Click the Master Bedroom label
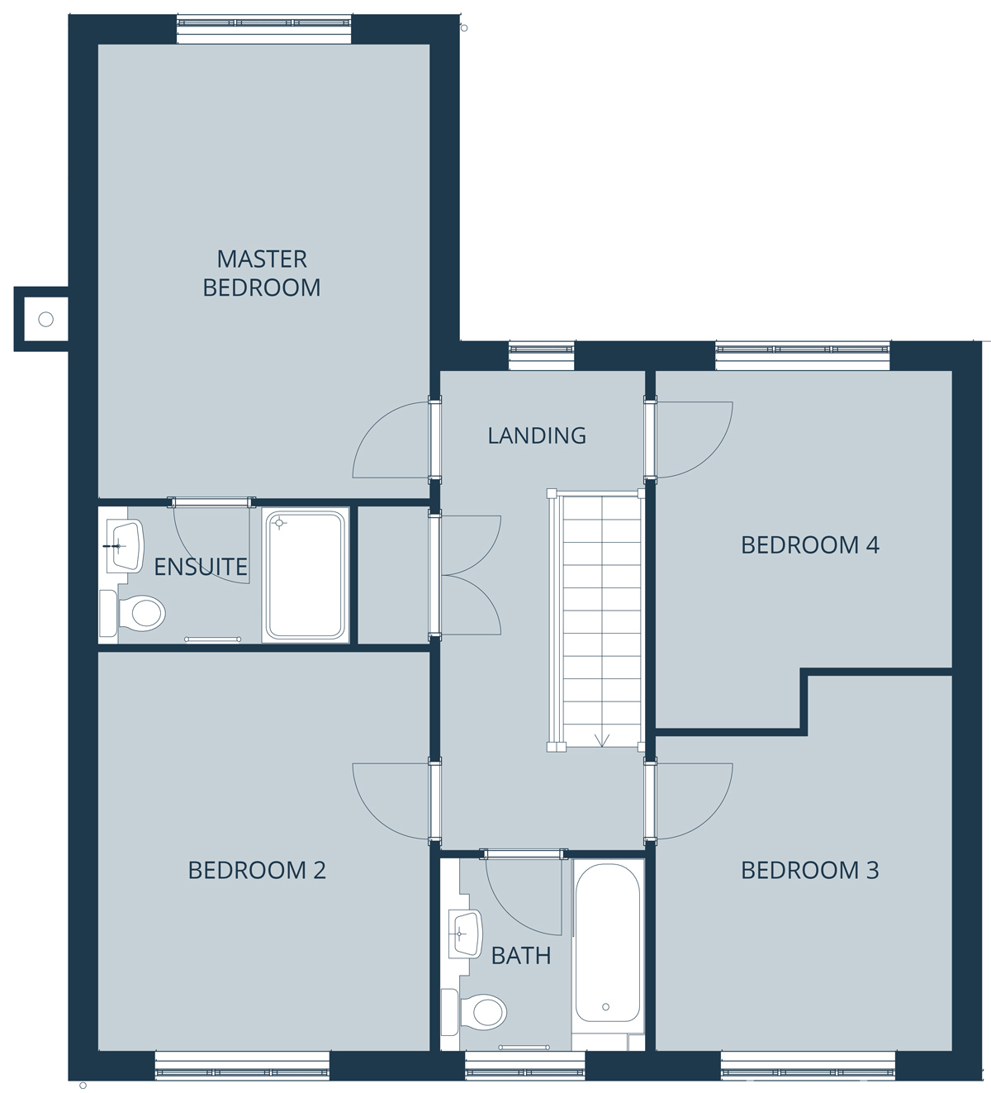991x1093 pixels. [x=262, y=273]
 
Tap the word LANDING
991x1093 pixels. [x=537, y=436]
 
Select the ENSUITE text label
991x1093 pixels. [x=201, y=568]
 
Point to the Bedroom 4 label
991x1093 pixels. [x=809, y=545]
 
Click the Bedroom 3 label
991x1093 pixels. [x=809, y=870]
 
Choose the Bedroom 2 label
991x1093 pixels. [x=257, y=870]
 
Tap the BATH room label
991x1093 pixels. [x=521, y=956]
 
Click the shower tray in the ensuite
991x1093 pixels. [x=306, y=575]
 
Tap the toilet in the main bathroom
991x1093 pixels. [x=474, y=1012]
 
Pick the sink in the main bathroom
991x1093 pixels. [x=465, y=934]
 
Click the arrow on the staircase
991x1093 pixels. [x=601, y=740]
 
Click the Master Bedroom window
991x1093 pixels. [x=264, y=30]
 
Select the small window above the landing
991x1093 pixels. [x=542, y=355]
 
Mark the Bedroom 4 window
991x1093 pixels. [x=803, y=355]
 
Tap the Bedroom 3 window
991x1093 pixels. [x=808, y=1065]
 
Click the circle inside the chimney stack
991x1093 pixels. [x=46, y=319]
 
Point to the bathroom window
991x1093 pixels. [x=524, y=1065]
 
